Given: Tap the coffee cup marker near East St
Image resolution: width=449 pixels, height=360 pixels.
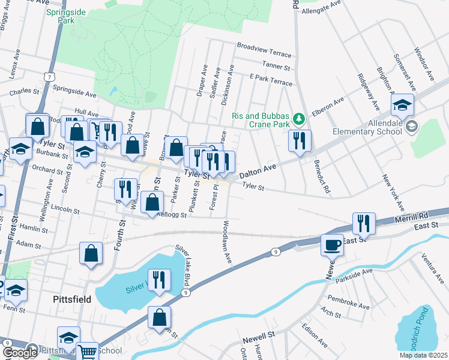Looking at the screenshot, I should click(x=332, y=245).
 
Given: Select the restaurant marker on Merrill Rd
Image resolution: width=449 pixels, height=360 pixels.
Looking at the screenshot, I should click(x=363, y=223).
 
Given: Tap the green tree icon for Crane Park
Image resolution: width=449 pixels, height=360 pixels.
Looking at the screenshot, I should click(x=297, y=116).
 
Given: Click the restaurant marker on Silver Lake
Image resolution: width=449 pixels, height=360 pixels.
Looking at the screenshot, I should click(x=159, y=280).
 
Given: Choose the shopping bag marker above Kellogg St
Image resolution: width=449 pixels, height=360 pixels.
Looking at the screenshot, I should click(x=153, y=202).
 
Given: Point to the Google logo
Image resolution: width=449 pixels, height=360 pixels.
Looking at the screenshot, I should click(x=20, y=353).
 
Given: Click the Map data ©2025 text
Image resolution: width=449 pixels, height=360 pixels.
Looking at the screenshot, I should click(x=423, y=355).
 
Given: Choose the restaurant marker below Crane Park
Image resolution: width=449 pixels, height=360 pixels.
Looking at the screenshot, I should click(x=299, y=141).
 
